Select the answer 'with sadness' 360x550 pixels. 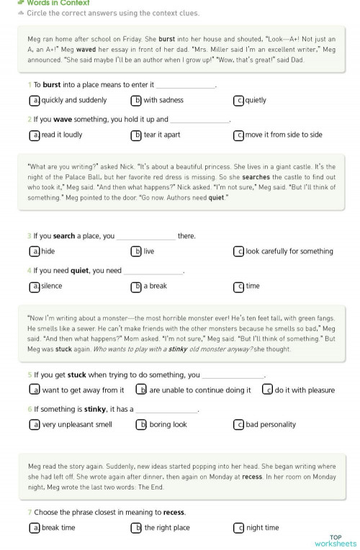[163, 100]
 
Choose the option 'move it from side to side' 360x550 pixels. [284, 135]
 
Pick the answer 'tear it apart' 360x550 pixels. [162, 135]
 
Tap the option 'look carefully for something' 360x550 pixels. [289, 251]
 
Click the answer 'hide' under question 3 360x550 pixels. [48, 251]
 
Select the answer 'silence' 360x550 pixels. [52, 286]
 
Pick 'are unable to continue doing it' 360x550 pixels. [200, 390]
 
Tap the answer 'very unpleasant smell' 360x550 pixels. [77, 425]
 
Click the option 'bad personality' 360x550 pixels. [271, 425]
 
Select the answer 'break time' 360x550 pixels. [58, 528]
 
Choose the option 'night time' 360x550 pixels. [262, 528]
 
